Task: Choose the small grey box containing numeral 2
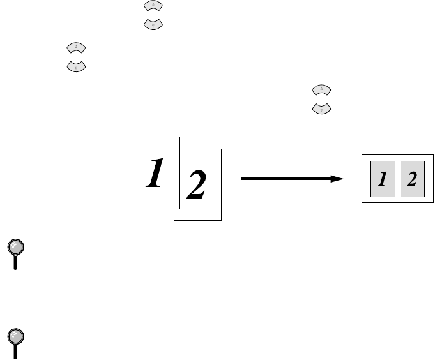412,179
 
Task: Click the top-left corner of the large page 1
132,135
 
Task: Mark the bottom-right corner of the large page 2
221,221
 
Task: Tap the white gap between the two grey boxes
397,179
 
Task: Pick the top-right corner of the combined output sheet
433,154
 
